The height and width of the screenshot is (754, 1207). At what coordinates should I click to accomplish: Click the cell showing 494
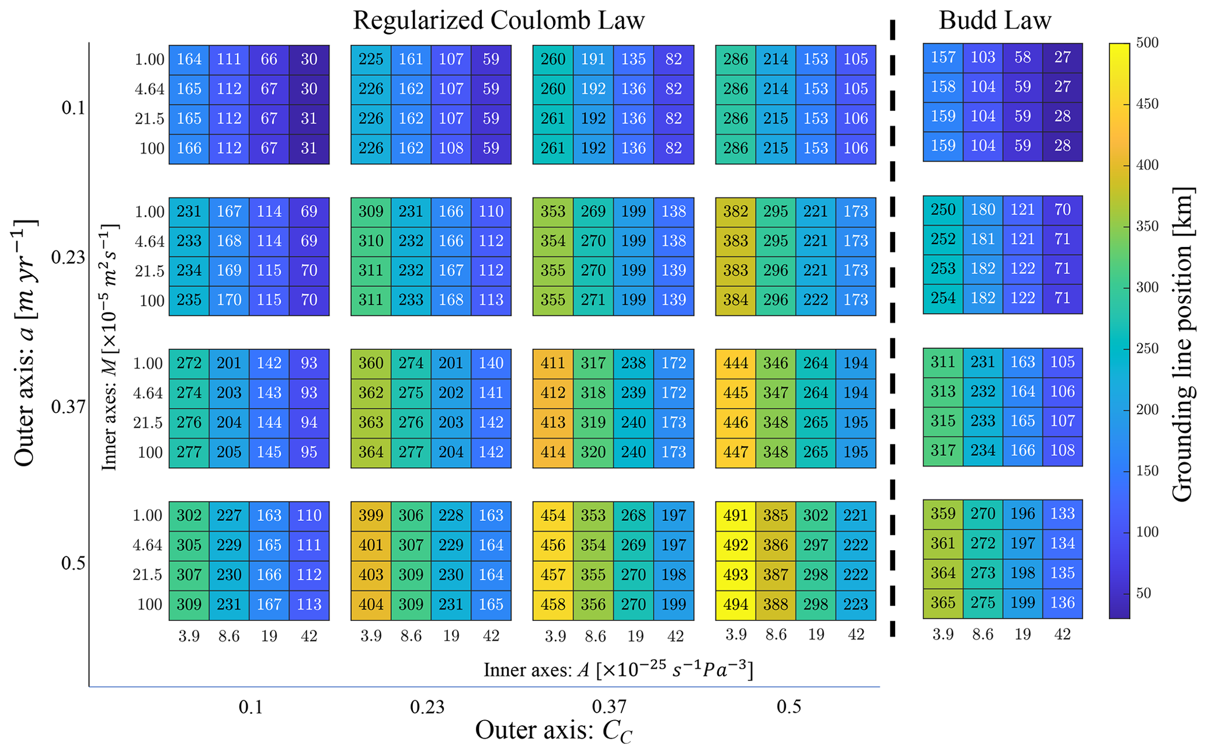(x=735, y=605)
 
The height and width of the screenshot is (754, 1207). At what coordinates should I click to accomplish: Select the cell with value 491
(x=735, y=516)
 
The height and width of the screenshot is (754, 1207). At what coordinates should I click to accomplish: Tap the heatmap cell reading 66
(x=269, y=60)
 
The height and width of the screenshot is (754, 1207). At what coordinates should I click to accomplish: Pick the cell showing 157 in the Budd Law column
(x=943, y=58)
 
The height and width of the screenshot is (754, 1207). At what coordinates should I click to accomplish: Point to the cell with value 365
(x=943, y=603)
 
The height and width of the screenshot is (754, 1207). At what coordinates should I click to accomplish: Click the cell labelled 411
(x=553, y=364)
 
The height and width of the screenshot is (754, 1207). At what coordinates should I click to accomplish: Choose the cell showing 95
(x=309, y=453)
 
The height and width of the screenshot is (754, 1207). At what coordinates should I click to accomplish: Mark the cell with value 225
(x=371, y=60)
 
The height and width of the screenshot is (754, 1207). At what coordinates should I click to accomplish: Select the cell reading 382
(x=735, y=212)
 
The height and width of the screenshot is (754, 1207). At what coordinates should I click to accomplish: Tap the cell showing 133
(x=1062, y=514)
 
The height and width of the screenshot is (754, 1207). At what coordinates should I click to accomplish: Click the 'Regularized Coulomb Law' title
(x=499, y=21)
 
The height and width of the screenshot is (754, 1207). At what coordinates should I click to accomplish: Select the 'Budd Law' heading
(x=995, y=21)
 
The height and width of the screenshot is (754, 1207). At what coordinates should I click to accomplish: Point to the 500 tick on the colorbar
(x=1148, y=43)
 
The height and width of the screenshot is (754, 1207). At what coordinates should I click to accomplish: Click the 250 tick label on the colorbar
(x=1148, y=349)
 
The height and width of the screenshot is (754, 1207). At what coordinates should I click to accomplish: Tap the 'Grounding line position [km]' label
(x=1182, y=344)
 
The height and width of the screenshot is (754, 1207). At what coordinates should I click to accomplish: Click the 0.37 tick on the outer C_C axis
(x=609, y=707)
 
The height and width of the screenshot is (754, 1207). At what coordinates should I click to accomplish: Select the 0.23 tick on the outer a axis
(x=68, y=258)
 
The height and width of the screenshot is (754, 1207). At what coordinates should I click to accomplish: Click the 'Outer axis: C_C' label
(x=554, y=731)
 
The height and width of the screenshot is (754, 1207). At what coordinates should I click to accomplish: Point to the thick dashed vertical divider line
(x=892, y=328)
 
